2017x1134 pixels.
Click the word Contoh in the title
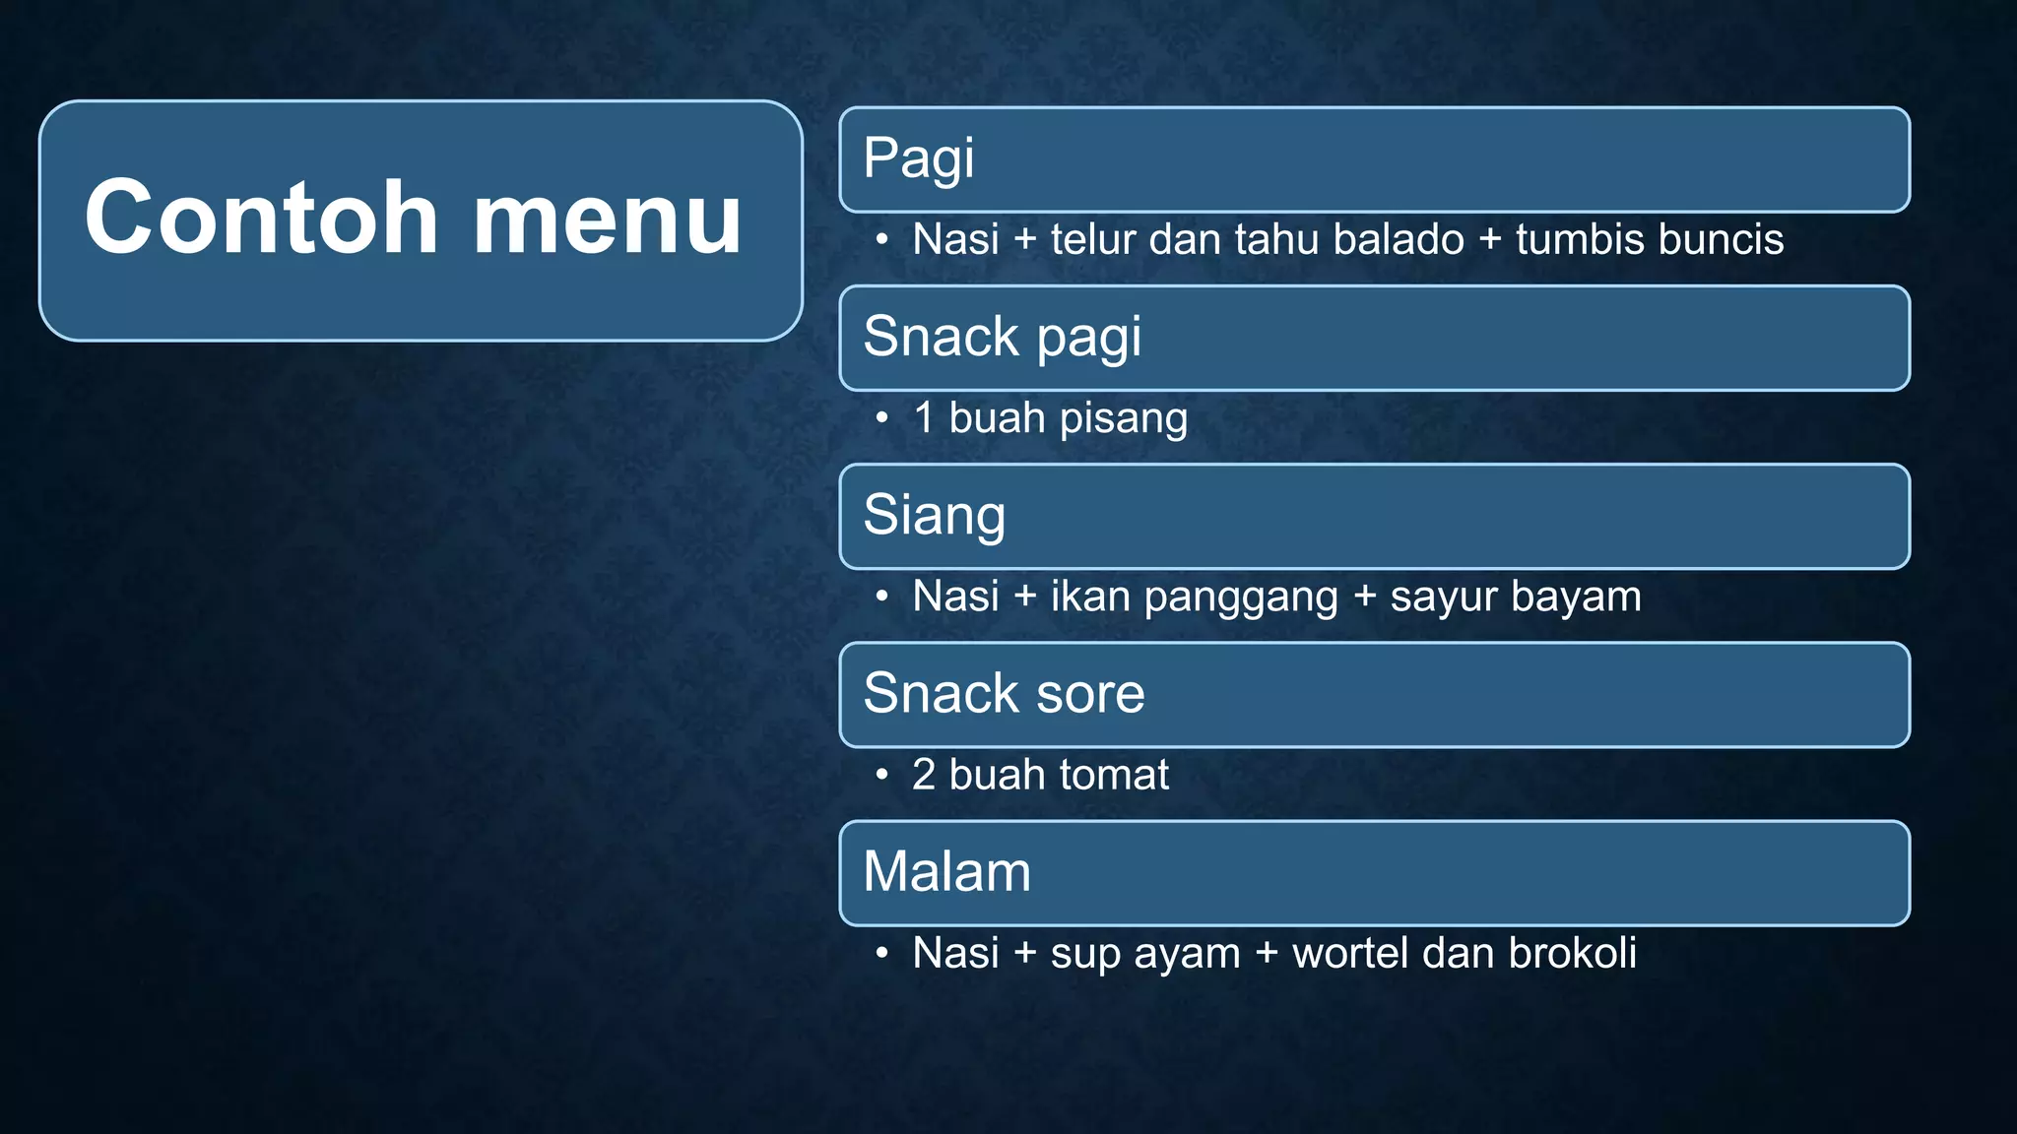click(261, 218)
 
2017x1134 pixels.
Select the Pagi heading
click(918, 158)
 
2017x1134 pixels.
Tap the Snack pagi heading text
click(1002, 337)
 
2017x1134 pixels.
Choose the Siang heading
click(934, 515)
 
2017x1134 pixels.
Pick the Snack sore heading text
click(1004, 693)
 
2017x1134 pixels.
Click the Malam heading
click(946, 871)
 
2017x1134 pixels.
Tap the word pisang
click(1123, 418)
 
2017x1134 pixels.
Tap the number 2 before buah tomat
click(923, 775)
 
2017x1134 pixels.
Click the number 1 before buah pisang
click(923, 417)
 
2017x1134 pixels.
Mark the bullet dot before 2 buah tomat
click(881, 775)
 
